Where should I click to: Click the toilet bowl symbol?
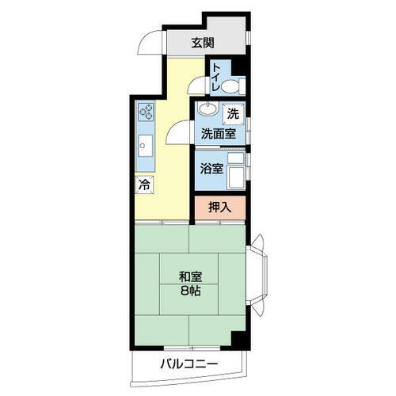coord(232,86)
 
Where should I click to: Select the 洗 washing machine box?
coord(232,114)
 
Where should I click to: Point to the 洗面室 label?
coord(216,134)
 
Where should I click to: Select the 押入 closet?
coord(220,208)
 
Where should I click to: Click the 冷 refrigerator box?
coord(144,184)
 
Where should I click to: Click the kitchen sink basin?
coord(146,146)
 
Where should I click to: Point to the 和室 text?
coord(190,276)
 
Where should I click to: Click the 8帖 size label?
coord(190,291)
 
